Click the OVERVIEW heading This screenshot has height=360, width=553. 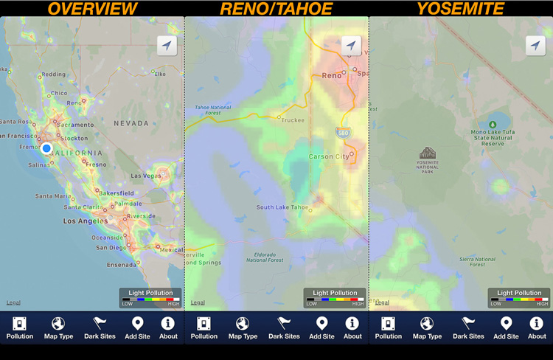coord(94,9)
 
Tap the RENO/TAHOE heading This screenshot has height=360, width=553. coord(276,9)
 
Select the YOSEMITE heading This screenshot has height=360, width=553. coord(460,9)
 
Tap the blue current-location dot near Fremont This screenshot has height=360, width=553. coord(46,148)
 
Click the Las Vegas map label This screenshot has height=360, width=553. coord(146,176)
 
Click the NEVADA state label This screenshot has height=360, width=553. coord(131,123)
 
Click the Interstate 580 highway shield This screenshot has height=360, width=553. coord(343,133)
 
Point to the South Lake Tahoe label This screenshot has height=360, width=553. coord(282,207)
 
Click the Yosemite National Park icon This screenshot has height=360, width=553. coord(428,153)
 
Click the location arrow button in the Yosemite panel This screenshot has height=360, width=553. coord(535,45)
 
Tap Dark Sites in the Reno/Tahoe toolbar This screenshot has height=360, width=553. coord(284,328)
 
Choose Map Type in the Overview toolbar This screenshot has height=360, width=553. coord(58,328)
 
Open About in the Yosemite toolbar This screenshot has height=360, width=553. coord(537,328)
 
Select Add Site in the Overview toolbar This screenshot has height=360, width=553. coord(137,328)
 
